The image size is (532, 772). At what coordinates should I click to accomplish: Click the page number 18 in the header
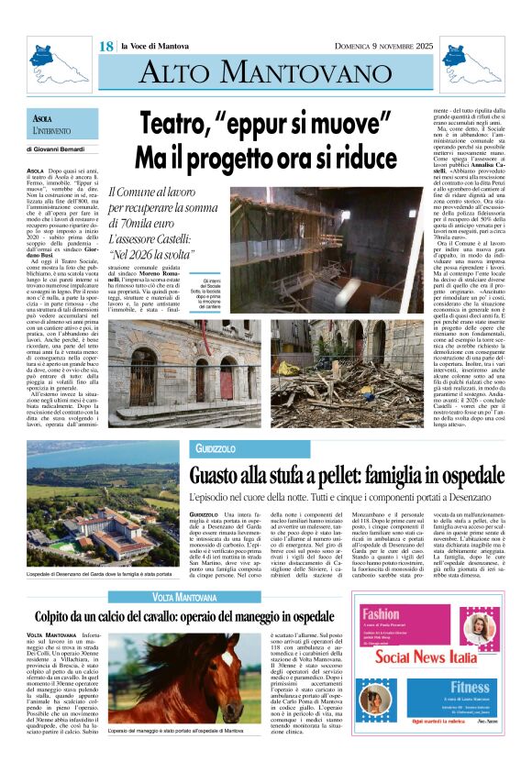click(106, 47)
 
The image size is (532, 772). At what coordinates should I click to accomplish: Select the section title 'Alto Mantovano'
click(265, 71)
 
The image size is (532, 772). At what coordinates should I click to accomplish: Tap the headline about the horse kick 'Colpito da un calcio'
click(184, 616)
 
